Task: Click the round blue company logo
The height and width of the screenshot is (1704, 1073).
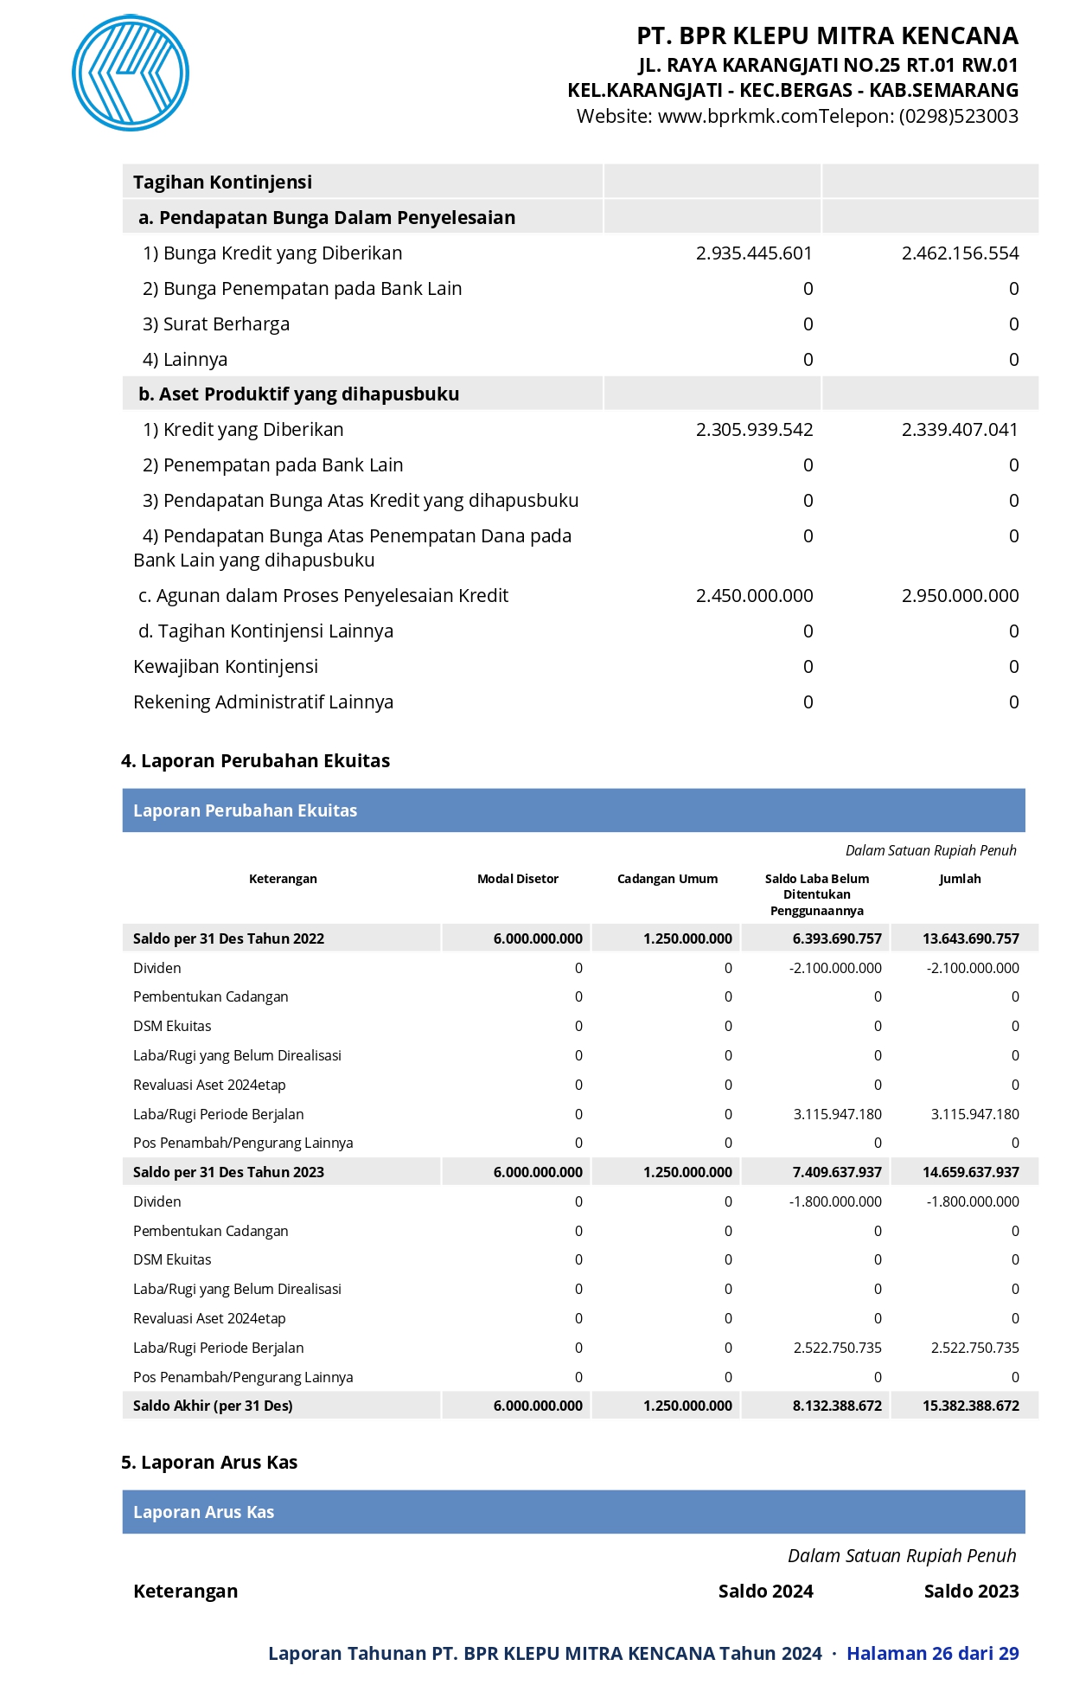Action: coord(131,73)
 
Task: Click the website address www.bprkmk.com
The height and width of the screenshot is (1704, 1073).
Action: coord(738,117)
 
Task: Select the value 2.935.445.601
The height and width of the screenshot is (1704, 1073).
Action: coord(754,253)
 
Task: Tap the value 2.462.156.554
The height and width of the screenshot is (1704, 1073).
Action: coord(960,253)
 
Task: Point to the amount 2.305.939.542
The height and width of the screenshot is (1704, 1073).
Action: coord(754,430)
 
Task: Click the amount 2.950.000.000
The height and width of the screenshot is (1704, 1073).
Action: coord(960,596)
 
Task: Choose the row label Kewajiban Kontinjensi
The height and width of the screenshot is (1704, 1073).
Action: coord(226,667)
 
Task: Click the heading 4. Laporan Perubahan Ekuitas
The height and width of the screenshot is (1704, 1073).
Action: coord(255,761)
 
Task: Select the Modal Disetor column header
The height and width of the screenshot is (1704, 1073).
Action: coord(518,879)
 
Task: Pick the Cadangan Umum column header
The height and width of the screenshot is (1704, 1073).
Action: coord(667,879)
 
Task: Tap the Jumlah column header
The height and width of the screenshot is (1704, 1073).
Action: coord(960,879)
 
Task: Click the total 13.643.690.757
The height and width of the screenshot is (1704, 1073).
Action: coord(970,939)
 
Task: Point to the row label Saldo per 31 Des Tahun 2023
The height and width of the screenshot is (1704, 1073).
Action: coord(228,1173)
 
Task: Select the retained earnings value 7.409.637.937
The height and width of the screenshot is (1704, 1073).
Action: coord(837,1173)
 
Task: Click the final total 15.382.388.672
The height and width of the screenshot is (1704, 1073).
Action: coord(970,1406)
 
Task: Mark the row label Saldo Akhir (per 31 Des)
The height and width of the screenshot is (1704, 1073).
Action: coord(213,1406)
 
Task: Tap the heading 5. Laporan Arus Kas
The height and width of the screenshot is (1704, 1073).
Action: coord(209,1463)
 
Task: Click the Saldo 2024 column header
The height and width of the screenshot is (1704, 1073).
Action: coord(765,1592)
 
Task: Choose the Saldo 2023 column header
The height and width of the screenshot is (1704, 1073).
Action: coord(971,1592)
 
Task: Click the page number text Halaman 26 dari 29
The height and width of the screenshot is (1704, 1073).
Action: coord(932,1654)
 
